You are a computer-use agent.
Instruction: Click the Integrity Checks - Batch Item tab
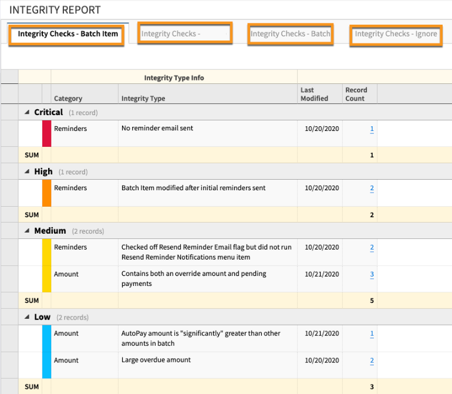[x=68, y=34]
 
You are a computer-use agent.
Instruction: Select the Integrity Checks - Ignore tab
[x=396, y=34]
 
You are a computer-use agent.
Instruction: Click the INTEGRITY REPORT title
[x=55, y=10]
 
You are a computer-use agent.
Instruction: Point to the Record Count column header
[x=356, y=95]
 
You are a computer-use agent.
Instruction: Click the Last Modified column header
[x=314, y=95]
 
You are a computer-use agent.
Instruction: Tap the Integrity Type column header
[x=143, y=99]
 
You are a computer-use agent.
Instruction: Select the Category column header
[x=68, y=99]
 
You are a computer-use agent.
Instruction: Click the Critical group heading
[x=49, y=112]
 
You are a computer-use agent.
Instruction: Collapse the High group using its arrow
[x=26, y=171]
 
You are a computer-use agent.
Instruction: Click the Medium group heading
[x=50, y=231]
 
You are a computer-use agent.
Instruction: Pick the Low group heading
[x=42, y=317]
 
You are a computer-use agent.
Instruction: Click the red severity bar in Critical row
[x=46, y=133]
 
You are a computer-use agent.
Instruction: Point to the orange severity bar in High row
[x=46, y=193]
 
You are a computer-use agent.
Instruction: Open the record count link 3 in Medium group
[x=372, y=274]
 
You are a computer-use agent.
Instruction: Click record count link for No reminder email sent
[x=372, y=129]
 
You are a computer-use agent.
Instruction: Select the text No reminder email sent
[x=157, y=128]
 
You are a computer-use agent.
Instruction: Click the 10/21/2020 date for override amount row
[x=322, y=274]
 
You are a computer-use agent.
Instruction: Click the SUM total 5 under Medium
[x=372, y=301]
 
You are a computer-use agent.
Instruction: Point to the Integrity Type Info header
[x=174, y=78]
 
